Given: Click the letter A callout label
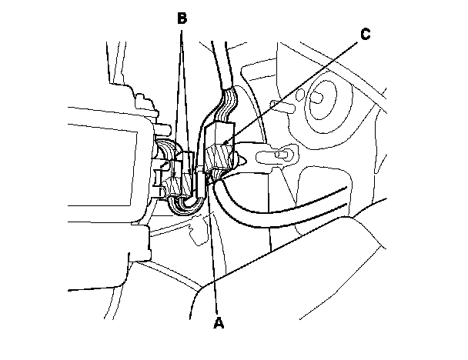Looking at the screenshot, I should [219, 324].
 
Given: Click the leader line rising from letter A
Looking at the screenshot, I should [213, 254].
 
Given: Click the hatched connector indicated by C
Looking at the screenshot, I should [220, 154].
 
